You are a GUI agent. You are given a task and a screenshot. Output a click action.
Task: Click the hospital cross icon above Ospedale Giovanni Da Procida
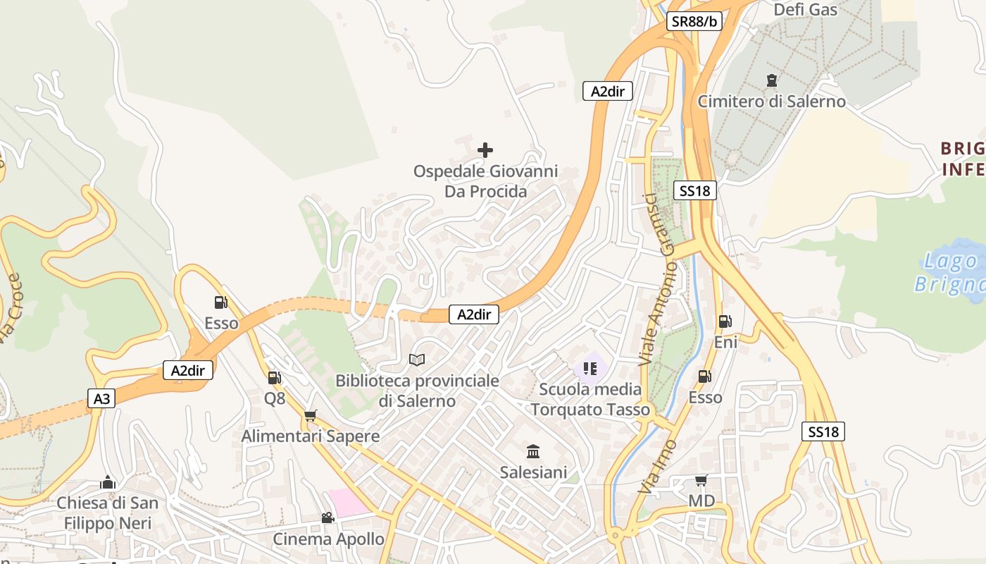tap(485, 150)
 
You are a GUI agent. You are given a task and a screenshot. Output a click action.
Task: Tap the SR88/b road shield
tap(694, 21)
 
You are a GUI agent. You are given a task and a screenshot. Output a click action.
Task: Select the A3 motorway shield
tap(102, 399)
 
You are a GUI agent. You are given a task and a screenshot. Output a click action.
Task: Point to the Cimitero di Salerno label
tap(771, 102)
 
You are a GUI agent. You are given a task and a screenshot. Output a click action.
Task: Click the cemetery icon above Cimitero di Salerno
tap(771, 80)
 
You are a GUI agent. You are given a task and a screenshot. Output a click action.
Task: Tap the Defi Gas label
tap(805, 9)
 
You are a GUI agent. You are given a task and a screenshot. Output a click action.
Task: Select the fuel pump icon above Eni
tap(725, 321)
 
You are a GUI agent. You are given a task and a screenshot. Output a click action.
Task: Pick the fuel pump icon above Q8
tap(274, 378)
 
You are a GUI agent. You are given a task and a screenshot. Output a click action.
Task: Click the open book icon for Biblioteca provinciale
tap(417, 360)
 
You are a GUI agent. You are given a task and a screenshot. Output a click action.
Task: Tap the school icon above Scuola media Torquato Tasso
tap(590, 368)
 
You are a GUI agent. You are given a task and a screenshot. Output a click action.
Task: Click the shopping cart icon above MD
tap(701, 481)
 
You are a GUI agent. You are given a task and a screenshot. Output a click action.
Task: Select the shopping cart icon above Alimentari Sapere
tap(311, 415)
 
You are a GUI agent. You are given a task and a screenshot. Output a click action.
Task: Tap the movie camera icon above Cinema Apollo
tap(327, 517)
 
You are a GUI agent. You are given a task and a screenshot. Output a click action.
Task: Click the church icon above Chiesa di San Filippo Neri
tap(108, 482)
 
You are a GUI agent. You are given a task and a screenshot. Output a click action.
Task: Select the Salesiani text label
tap(533, 472)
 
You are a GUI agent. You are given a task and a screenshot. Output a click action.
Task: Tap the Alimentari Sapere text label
tap(311, 436)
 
